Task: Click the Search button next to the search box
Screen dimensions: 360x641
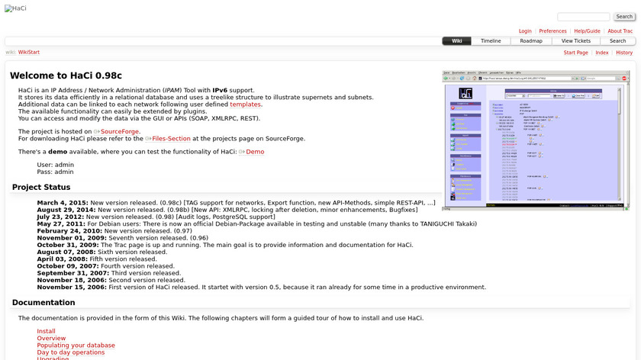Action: [624, 17]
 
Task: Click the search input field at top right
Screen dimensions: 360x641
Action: [583, 17]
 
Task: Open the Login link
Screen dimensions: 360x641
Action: [525, 31]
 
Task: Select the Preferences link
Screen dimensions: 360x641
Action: [552, 31]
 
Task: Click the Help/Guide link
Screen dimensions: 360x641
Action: [587, 31]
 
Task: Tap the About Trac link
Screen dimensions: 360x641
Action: [620, 31]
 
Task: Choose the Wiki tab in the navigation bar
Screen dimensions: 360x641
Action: [456, 41]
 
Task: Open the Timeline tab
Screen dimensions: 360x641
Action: [491, 41]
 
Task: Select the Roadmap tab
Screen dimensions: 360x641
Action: [531, 41]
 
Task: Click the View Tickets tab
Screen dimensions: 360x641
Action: [576, 41]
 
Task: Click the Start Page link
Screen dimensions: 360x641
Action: [575, 53]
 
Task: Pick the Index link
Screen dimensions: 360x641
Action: [602, 53]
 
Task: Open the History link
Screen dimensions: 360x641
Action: [624, 53]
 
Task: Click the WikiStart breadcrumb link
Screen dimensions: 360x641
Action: [29, 53]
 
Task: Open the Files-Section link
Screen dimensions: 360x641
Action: [170, 139]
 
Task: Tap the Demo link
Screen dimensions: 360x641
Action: [254, 152]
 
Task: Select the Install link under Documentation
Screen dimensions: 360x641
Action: [46, 331]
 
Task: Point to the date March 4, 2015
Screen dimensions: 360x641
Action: [62, 203]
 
